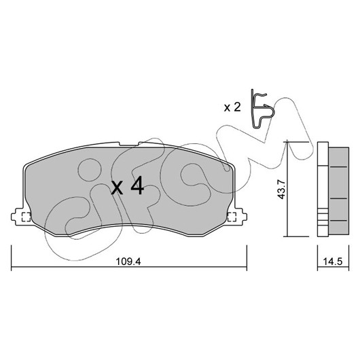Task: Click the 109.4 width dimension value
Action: tap(128, 262)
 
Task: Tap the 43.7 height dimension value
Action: tap(281, 190)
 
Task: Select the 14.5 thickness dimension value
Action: tap(333, 262)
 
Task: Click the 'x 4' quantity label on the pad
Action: tap(128, 186)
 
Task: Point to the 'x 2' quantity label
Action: tap(232, 107)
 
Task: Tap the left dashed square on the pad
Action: tap(26, 217)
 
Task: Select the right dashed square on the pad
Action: tap(232, 217)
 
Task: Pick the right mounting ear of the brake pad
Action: tap(240, 217)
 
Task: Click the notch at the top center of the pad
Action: tap(129, 144)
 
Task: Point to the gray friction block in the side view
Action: tap(339, 191)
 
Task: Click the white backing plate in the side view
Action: tap(323, 190)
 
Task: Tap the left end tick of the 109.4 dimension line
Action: tap(12, 258)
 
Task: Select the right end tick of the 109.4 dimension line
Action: tap(247, 258)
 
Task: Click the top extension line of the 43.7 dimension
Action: tap(296, 143)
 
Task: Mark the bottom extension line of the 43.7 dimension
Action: tap(296, 236)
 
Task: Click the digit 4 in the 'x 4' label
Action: tap(137, 186)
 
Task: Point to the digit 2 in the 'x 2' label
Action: tap(236, 107)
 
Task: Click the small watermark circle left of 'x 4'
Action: tap(90, 170)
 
